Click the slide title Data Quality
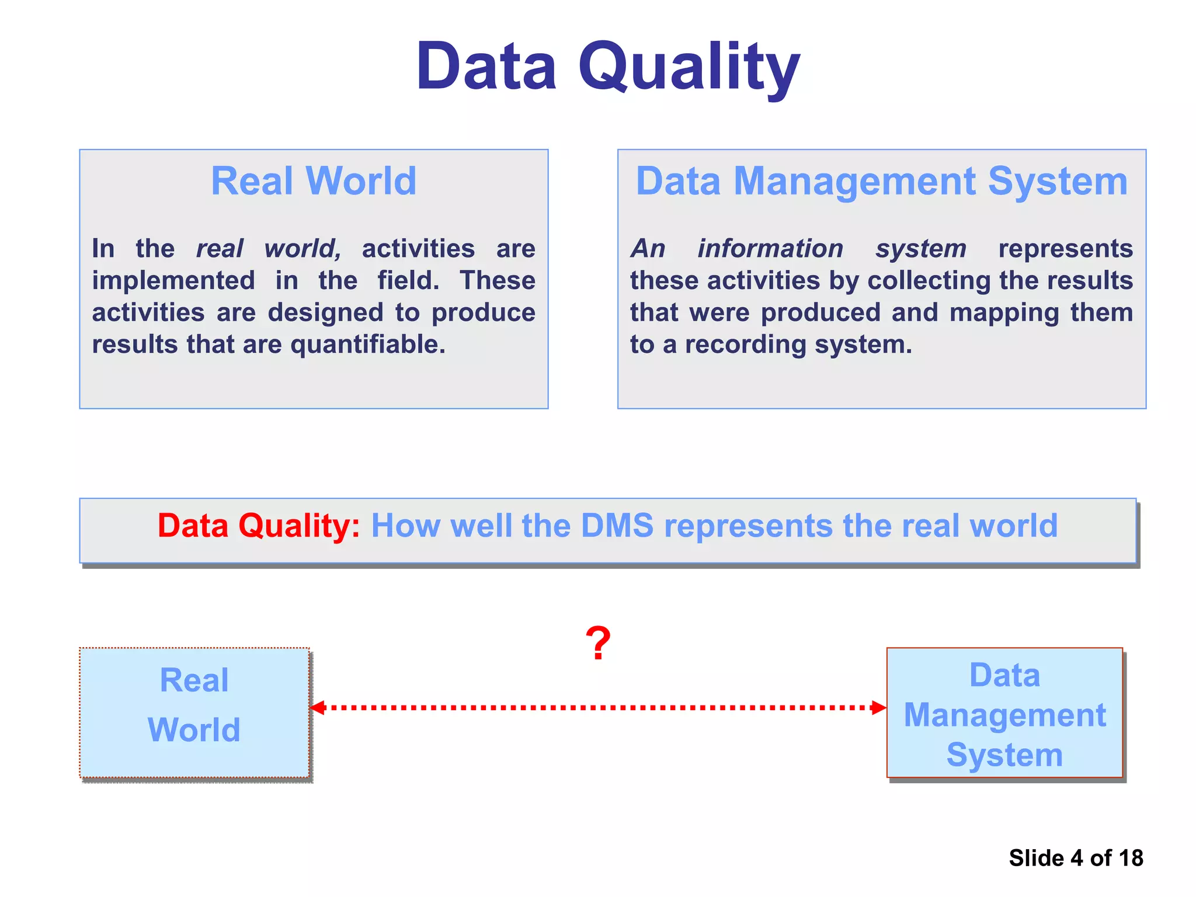pyautogui.click(x=607, y=67)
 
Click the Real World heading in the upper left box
pyautogui.click(x=314, y=181)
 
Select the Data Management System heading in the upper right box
pyautogui.click(x=882, y=181)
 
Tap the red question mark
pyautogui.click(x=598, y=644)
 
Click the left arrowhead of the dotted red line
pyautogui.click(x=317, y=708)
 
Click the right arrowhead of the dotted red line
pyautogui.click(x=879, y=708)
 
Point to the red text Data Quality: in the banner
pyautogui.click(x=259, y=526)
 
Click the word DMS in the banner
pyautogui.click(x=617, y=526)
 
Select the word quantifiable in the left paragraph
pyautogui.click(x=367, y=345)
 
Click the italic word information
pyautogui.click(x=770, y=249)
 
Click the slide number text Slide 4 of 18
pyautogui.click(x=1076, y=858)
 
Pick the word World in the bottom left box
pyautogui.click(x=194, y=730)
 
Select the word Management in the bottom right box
pyautogui.click(x=1004, y=715)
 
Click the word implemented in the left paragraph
pyautogui.click(x=173, y=281)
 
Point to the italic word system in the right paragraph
pyautogui.click(x=921, y=249)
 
